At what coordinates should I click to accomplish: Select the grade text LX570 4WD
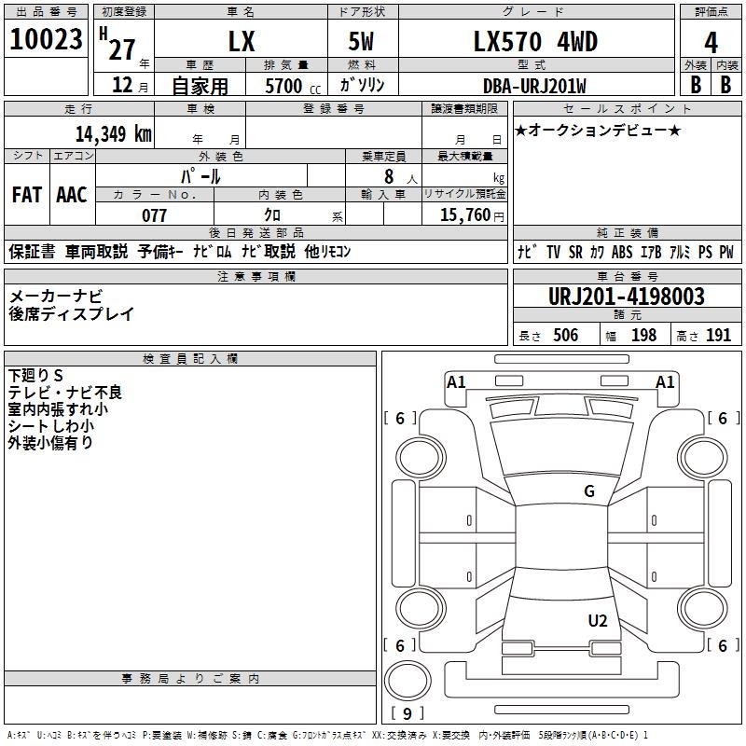[535, 42]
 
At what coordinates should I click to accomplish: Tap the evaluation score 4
[711, 42]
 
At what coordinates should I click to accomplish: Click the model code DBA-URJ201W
[534, 86]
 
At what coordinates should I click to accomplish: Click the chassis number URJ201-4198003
[626, 297]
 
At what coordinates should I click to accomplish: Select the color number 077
[154, 214]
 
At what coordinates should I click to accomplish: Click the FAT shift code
[27, 195]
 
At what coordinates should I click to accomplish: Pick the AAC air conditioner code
[72, 195]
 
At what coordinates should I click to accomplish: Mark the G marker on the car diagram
[589, 491]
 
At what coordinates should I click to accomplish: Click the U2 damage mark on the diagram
[598, 621]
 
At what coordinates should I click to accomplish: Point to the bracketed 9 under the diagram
[408, 713]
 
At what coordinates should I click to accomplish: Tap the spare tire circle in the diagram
[407, 678]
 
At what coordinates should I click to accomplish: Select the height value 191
[718, 336]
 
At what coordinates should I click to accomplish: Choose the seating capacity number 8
[388, 175]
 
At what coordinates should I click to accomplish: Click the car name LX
[242, 42]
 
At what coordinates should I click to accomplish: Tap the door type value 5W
[362, 42]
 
